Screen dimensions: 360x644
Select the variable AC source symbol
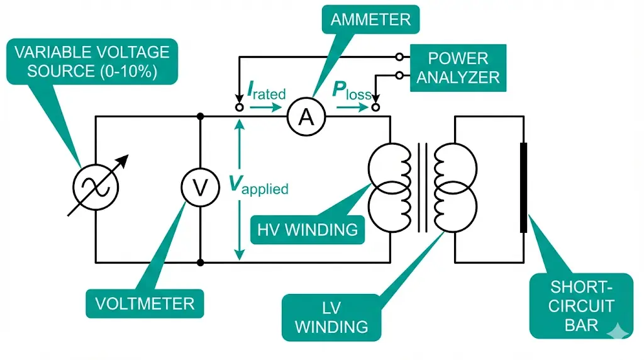point(95,186)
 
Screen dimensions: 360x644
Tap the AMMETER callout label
point(370,19)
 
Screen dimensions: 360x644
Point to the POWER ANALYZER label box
point(458,67)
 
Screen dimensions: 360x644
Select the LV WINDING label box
point(331,317)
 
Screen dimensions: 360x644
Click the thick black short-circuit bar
point(523,188)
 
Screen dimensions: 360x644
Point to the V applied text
point(258,185)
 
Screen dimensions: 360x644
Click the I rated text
point(266,93)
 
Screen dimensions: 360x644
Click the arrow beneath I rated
point(262,108)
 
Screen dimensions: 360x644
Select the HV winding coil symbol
point(389,187)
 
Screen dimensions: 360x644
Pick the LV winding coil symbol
point(455,187)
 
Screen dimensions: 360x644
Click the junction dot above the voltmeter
point(200,116)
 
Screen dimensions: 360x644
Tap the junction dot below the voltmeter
point(200,261)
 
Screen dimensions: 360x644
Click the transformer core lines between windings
point(422,187)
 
